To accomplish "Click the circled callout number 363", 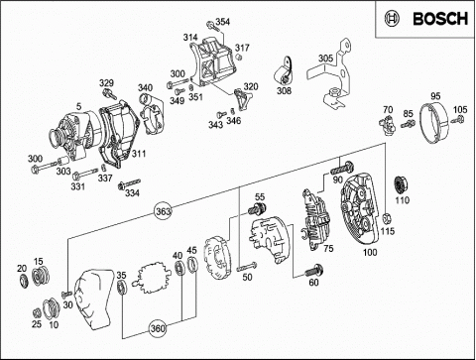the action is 163,211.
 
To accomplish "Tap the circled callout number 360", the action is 158,328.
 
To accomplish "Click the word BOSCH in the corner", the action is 440,19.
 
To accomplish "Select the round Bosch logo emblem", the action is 392,19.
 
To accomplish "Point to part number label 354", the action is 222,22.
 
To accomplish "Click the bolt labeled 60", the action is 313,271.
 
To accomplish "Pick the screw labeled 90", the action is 342,168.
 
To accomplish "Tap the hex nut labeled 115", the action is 386,218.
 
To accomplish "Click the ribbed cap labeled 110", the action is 402,184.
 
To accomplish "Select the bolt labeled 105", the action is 458,119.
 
